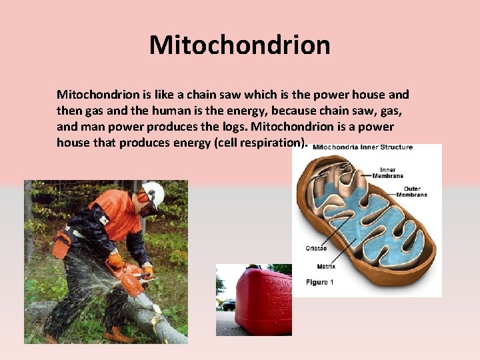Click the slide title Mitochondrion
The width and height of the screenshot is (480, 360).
coord(240,45)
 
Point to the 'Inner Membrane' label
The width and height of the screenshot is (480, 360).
coord(391,173)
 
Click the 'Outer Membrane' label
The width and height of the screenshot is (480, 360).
coord(411,191)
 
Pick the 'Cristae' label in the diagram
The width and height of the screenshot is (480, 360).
coord(317,248)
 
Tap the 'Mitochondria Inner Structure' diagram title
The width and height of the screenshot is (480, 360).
coord(363,147)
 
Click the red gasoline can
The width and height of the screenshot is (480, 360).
coord(260,300)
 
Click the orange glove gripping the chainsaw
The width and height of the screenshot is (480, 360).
coord(116,260)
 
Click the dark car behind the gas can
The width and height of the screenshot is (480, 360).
coord(228,305)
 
